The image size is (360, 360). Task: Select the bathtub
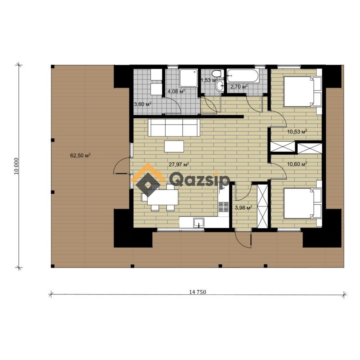click(x=243, y=76)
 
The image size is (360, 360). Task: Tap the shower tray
click(x=188, y=78)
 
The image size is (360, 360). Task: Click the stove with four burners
click(x=223, y=207)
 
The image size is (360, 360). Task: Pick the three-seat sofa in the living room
click(x=174, y=128)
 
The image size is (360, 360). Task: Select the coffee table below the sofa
click(x=174, y=146)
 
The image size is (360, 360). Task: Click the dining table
click(x=163, y=197)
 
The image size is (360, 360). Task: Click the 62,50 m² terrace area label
click(x=80, y=156)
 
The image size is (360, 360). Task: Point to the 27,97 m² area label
click(x=179, y=164)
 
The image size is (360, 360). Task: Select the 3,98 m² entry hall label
click(x=244, y=208)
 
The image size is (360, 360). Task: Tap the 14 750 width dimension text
click(x=198, y=292)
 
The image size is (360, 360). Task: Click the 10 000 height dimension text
click(x=16, y=166)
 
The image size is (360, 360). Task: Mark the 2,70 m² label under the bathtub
click(x=239, y=86)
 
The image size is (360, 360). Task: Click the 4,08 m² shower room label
click(x=176, y=91)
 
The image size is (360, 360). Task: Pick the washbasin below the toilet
click(x=220, y=86)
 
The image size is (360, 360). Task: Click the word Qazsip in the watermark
click(x=199, y=180)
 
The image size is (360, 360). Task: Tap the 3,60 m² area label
click(x=142, y=104)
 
